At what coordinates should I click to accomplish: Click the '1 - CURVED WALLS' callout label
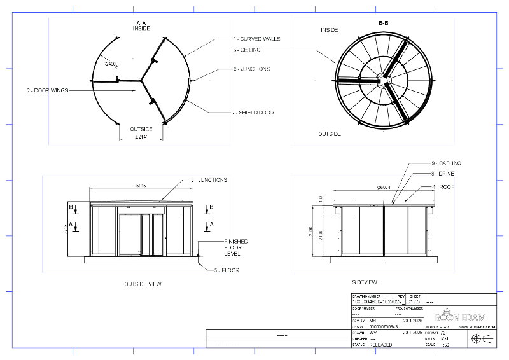(257, 39)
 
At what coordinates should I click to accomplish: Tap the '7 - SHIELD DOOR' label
(253, 113)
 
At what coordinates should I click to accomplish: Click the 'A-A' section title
(142, 23)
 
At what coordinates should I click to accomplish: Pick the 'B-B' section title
(384, 23)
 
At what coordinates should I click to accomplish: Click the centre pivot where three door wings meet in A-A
(142, 81)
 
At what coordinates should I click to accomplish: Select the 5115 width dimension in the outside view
(141, 186)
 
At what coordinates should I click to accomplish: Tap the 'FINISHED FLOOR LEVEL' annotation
(235, 248)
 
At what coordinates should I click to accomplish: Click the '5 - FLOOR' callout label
(227, 270)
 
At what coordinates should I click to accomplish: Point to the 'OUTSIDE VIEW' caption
(143, 284)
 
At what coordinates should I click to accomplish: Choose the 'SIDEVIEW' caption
(365, 282)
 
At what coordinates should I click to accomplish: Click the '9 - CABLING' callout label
(445, 163)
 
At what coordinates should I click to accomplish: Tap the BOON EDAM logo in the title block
(457, 317)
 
